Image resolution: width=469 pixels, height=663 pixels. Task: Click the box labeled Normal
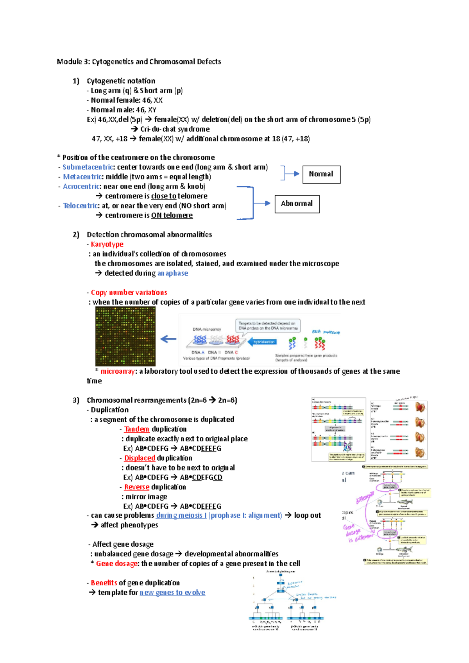(321, 175)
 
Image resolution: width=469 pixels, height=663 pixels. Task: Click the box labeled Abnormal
(297, 204)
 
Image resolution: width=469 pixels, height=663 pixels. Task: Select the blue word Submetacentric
(88, 167)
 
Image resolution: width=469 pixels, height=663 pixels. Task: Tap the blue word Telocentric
(81, 206)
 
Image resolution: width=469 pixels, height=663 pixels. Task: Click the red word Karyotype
(107, 244)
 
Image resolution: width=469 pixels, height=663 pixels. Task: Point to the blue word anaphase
(172, 273)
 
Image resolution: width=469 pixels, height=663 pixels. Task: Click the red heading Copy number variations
(129, 292)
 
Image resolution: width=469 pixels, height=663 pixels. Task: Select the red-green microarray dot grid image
(125, 336)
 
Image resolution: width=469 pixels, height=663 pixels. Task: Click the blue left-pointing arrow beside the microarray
(168, 339)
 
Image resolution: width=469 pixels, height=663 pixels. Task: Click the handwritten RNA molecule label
(326, 332)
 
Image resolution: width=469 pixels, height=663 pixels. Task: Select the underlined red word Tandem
(136, 429)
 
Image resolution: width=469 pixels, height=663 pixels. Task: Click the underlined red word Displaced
(140, 458)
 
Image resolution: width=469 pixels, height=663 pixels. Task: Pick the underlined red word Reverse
(136, 487)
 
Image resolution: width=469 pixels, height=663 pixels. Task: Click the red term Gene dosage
(116, 563)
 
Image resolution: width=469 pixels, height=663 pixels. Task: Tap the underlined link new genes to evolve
(172, 593)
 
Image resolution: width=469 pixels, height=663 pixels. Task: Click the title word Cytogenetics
(113, 62)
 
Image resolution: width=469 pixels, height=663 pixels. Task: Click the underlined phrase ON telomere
(172, 216)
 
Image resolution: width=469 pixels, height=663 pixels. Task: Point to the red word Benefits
(104, 583)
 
